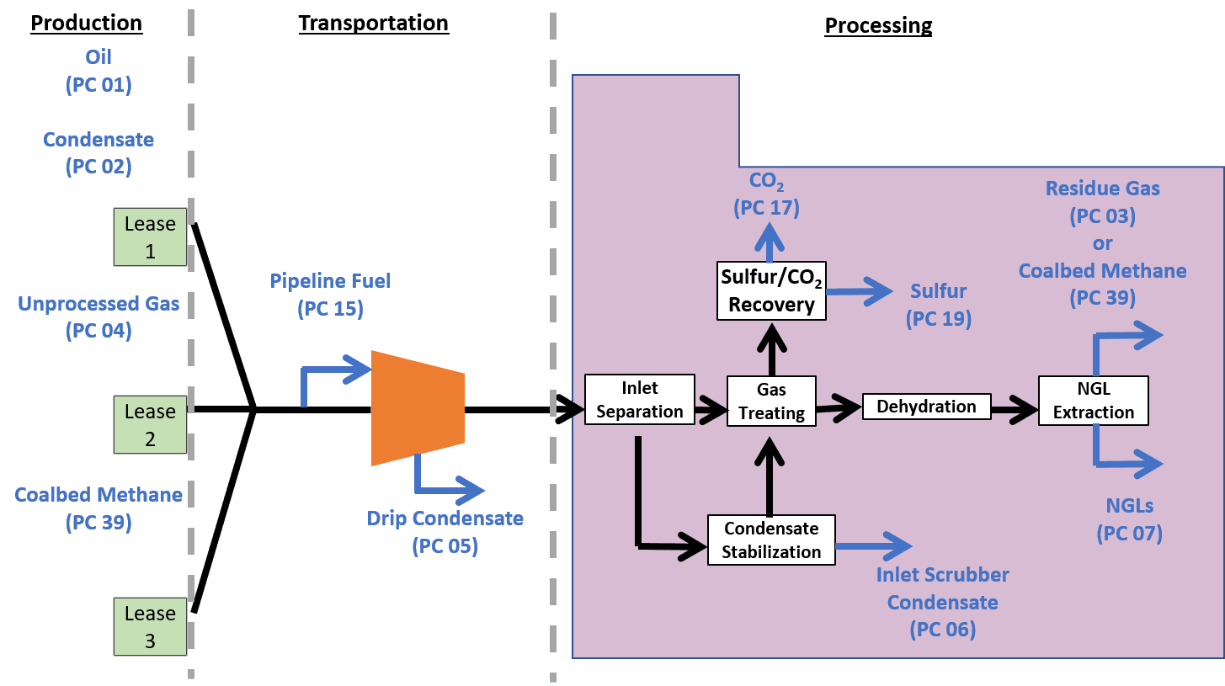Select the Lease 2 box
pyautogui.click(x=151, y=425)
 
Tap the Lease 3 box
pyautogui.click(x=151, y=627)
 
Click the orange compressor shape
pyautogui.click(x=418, y=408)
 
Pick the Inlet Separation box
pyautogui.click(x=640, y=400)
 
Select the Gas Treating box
pyautogui.click(x=771, y=401)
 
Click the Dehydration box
pyautogui.click(x=926, y=407)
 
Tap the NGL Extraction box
pyautogui.click(x=1093, y=401)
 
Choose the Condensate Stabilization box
pyautogui.click(x=771, y=540)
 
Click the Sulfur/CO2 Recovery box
pyautogui.click(x=771, y=290)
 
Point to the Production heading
pyautogui.click(x=87, y=24)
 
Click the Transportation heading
pyautogui.click(x=373, y=24)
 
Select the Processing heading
pyautogui.click(x=878, y=26)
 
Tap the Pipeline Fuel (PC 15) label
pyautogui.click(x=330, y=295)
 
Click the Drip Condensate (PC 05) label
pyautogui.click(x=445, y=532)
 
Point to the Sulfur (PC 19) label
pyautogui.click(x=938, y=305)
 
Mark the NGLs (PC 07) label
pyautogui.click(x=1129, y=519)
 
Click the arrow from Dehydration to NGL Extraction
pyautogui.click(x=1014, y=411)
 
